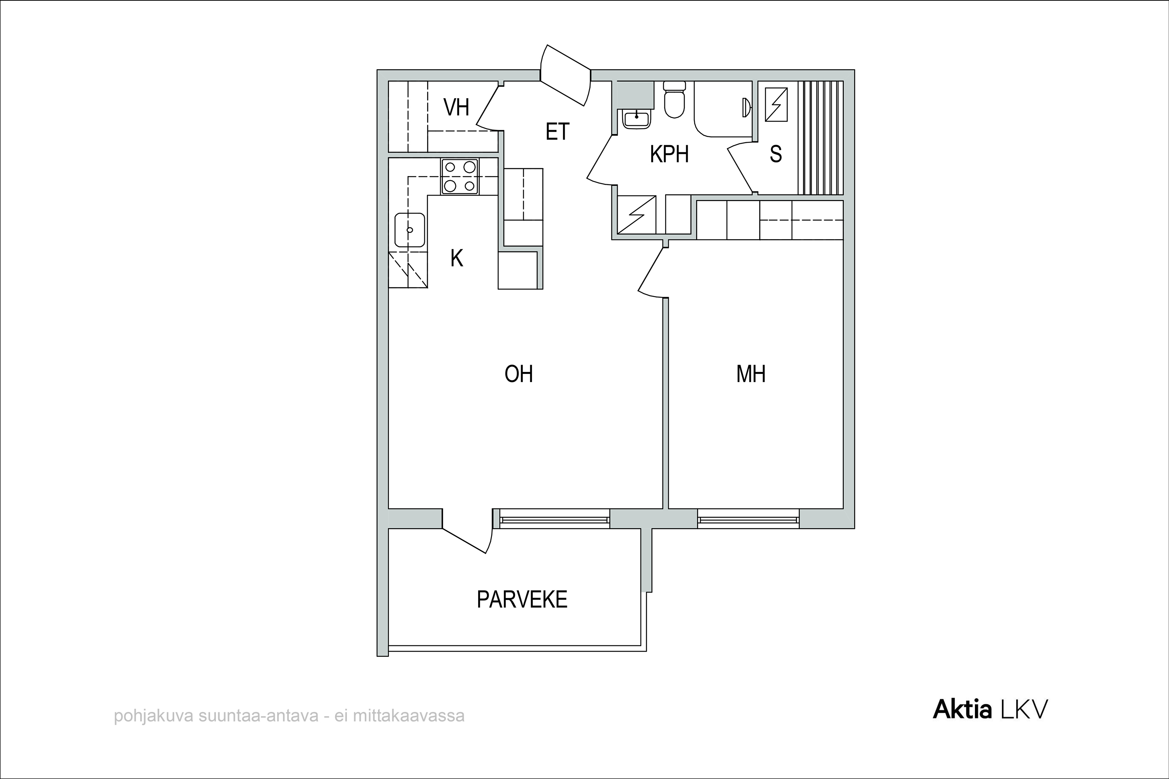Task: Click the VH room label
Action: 456,108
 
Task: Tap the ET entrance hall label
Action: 557,132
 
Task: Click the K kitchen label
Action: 457,258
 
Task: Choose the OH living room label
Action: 518,374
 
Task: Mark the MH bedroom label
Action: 750,374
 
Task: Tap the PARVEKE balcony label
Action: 522,600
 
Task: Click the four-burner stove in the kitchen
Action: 460,176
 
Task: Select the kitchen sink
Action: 410,230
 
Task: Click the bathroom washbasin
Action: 636,120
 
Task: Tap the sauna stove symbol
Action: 776,104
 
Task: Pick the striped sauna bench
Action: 821,137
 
